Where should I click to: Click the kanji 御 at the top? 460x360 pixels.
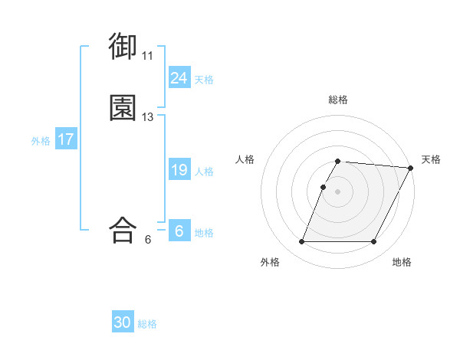click(123, 47)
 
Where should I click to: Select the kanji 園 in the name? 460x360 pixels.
click(123, 109)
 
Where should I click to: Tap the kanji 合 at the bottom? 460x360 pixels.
click(123, 230)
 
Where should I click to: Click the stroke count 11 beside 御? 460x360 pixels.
click(147, 56)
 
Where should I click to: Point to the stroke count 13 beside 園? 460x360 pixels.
click(147, 117)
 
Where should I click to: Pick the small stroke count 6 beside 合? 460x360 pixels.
click(147, 239)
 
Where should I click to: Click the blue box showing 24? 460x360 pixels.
click(179, 77)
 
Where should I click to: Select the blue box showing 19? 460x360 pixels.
click(179, 170)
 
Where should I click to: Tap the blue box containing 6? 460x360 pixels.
click(179, 231)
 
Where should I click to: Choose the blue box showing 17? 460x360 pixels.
click(65, 139)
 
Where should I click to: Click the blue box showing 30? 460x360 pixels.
click(123, 322)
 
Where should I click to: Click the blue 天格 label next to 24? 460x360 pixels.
click(204, 79)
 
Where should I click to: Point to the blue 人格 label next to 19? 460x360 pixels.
click(204, 172)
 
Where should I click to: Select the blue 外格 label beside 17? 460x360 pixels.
click(41, 141)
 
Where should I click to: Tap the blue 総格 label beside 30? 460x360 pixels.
click(148, 324)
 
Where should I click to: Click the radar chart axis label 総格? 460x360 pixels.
click(338, 100)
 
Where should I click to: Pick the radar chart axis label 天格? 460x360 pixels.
click(431, 159)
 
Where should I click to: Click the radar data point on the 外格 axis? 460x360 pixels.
click(301, 242)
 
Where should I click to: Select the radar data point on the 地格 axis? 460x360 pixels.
click(374, 242)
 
